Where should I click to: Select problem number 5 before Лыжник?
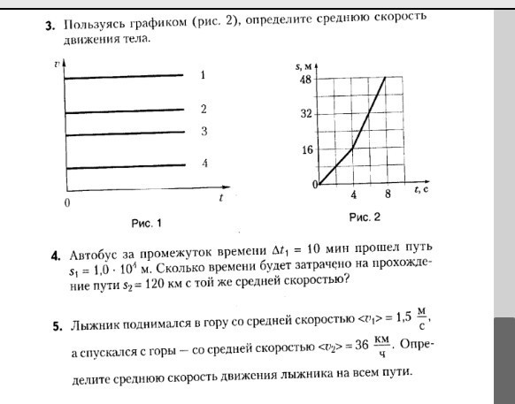click(56, 326)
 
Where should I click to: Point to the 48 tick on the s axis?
click(306, 79)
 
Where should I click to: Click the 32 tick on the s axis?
click(306, 115)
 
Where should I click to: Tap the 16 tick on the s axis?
click(306, 150)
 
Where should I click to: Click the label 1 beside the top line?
click(203, 76)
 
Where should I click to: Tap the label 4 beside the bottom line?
click(204, 164)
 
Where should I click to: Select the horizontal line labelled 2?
click(124, 112)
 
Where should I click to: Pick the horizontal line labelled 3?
click(124, 134)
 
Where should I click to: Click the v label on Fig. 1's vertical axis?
click(58, 65)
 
